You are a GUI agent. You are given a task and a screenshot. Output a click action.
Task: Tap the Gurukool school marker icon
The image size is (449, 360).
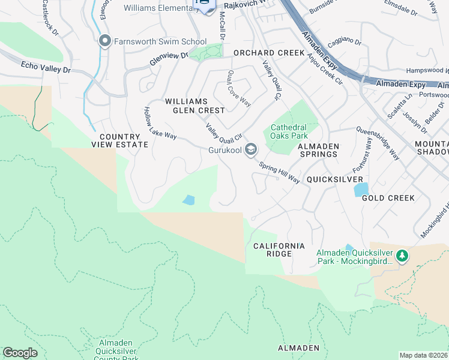pyautogui.click(x=250, y=150)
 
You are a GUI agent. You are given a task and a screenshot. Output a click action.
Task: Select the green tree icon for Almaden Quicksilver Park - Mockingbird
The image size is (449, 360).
pyautogui.click(x=402, y=257)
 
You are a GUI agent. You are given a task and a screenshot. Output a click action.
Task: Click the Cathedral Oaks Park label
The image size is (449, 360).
pyautogui.click(x=289, y=131)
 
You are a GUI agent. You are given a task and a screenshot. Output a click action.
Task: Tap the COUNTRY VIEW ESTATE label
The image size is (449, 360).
pyautogui.click(x=119, y=140)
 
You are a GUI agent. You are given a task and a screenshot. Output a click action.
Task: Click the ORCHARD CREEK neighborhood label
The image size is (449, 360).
pyautogui.click(x=269, y=53)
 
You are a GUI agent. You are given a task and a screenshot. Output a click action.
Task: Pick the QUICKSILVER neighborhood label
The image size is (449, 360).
pyautogui.click(x=335, y=179)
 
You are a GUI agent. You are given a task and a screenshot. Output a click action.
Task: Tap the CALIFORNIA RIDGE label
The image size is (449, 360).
pyautogui.click(x=279, y=250)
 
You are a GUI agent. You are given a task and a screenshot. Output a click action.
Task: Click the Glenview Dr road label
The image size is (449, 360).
pyautogui.click(x=169, y=58)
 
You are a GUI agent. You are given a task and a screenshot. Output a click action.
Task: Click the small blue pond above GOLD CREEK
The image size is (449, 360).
pyautogui.click(x=361, y=190)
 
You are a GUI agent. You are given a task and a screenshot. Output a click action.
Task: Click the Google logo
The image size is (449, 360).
pyautogui.click(x=20, y=353)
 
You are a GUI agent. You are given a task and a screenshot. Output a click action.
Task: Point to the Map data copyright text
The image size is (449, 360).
pyautogui.click(x=423, y=355)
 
